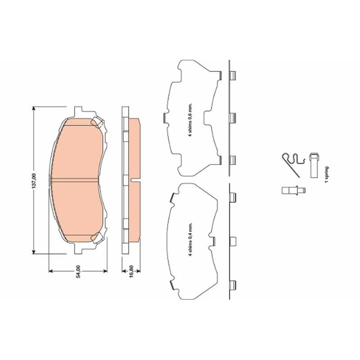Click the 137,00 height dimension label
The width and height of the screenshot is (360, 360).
coord(34,181)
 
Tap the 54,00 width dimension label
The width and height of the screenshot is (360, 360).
coord(78,271)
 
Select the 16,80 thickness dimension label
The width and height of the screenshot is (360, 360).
coord(131,272)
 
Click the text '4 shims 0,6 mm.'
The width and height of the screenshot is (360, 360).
coord(190,120)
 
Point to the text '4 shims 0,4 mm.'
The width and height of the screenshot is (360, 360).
coord(190,239)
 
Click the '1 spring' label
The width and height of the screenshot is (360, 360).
coord(327,175)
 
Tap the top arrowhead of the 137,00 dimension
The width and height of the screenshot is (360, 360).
coord(34,108)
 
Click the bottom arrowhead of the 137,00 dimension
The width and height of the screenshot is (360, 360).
coord(34,252)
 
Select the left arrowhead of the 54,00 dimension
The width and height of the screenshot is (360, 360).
coord(51,271)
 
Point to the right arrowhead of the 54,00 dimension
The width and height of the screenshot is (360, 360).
coord(105,271)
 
